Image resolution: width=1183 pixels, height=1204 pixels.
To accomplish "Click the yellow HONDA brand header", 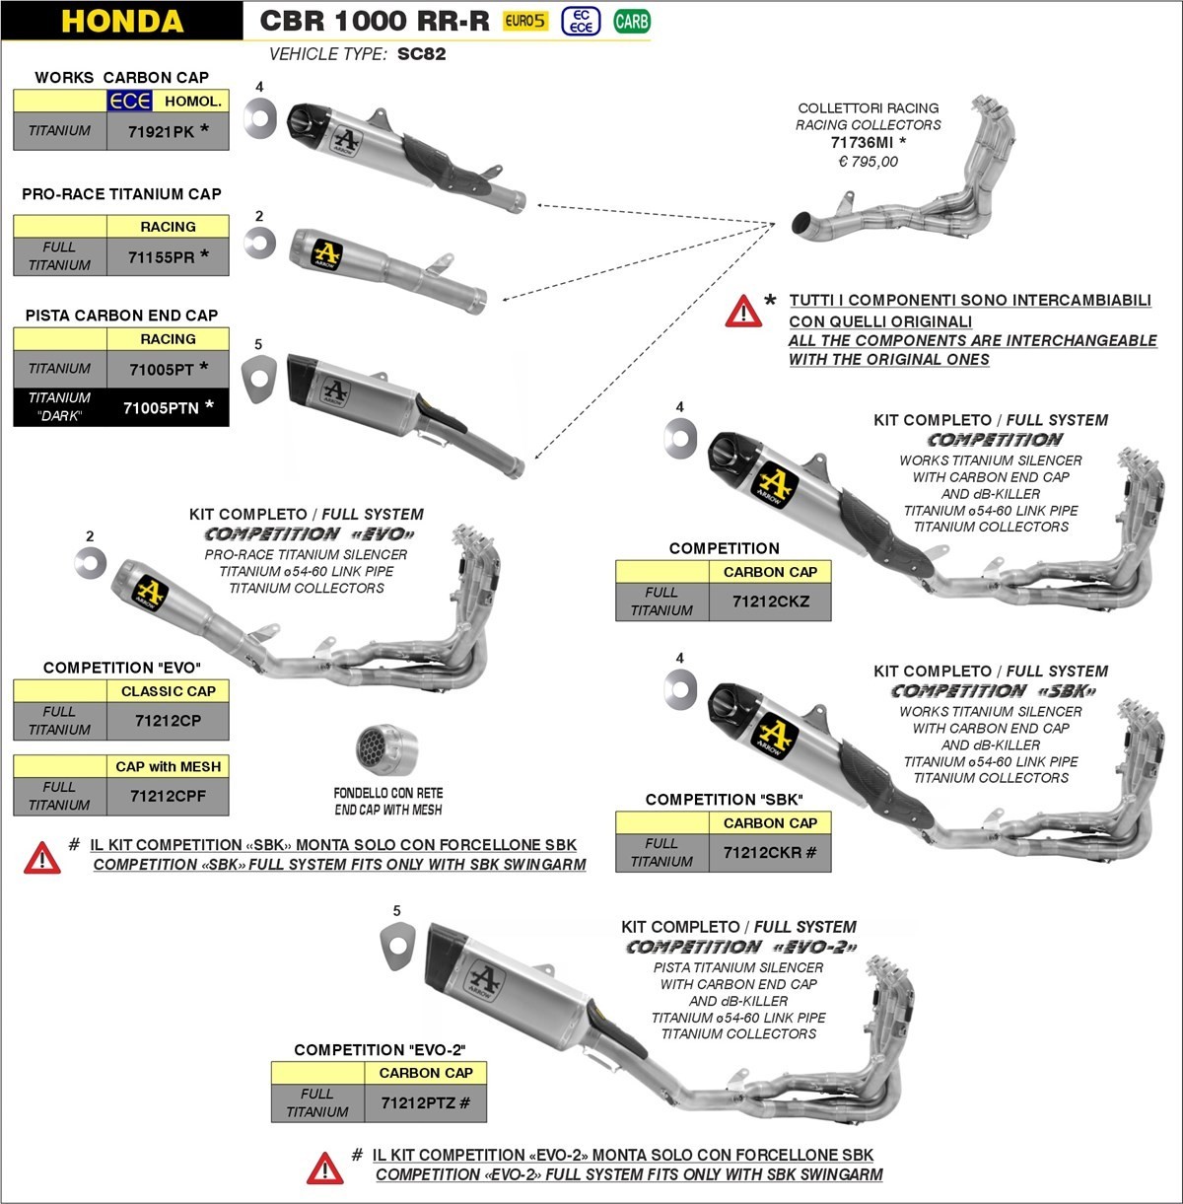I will [122, 21].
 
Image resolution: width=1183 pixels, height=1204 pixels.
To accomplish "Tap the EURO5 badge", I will [524, 21].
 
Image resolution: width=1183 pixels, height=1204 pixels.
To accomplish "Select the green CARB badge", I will [631, 21].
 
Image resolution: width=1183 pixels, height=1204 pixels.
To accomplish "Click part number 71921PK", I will [168, 130].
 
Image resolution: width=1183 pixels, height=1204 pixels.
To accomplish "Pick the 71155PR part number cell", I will [168, 256].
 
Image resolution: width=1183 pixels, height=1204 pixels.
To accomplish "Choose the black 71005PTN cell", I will [168, 406].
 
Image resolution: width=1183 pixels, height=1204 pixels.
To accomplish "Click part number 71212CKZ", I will [770, 601].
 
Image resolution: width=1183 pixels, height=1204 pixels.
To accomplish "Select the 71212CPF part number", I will [168, 795].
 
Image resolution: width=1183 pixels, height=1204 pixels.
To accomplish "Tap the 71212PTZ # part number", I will [425, 1102].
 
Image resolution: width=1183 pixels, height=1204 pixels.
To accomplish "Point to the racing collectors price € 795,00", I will [868, 162].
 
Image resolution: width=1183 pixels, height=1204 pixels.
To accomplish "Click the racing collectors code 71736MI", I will [868, 143].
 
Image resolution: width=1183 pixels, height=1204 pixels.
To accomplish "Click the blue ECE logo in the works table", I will [129, 101].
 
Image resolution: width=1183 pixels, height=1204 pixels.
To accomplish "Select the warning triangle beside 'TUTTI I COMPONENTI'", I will [742, 311].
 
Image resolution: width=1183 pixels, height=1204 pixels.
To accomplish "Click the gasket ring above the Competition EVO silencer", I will [91, 563].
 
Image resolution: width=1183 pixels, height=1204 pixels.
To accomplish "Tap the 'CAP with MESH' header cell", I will [168, 766].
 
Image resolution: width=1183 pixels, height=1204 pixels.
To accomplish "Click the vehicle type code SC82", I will [421, 54].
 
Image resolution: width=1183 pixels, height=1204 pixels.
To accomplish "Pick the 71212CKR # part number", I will [770, 852].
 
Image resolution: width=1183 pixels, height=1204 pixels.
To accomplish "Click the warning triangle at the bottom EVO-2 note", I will [324, 1168].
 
